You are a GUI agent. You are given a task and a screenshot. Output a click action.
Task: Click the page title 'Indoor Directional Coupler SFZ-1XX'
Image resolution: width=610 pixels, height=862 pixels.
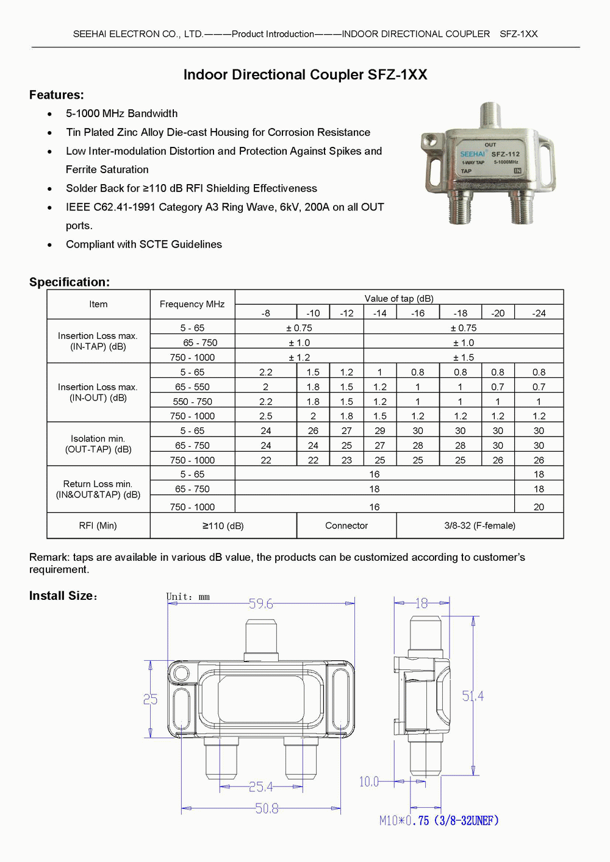point(305,74)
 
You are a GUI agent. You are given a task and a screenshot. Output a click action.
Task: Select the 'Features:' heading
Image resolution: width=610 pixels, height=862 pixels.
point(57,94)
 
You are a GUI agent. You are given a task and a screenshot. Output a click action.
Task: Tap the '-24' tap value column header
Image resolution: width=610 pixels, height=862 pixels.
point(539,313)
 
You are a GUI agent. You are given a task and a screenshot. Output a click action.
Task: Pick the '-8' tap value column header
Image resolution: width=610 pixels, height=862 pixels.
point(265,313)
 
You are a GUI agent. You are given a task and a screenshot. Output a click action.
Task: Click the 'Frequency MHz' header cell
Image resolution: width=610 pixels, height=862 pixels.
point(192,304)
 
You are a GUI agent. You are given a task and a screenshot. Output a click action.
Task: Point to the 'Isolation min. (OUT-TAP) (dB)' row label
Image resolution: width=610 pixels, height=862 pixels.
point(98,444)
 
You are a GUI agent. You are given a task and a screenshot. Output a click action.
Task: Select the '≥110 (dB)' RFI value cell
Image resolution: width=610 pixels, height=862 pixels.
point(223,525)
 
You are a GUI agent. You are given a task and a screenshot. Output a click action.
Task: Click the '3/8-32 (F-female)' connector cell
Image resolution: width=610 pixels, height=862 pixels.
point(479,525)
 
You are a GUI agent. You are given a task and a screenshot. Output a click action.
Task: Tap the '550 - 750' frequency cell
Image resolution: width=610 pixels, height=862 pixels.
point(192,401)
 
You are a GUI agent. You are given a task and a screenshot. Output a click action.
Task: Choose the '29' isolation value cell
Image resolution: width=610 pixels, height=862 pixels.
point(379,430)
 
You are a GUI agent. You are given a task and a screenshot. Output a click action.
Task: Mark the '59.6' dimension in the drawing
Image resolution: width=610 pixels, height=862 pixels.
point(260,604)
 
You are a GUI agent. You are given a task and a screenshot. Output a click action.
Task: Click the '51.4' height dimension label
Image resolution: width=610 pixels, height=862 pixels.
point(473,696)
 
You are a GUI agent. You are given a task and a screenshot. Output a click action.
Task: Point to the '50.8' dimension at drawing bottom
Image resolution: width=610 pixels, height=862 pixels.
point(267,808)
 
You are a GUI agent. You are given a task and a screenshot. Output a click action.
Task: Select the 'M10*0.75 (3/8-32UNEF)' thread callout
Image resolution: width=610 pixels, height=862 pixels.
point(439,821)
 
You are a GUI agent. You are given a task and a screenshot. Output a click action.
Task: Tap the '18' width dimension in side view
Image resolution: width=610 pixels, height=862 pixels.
point(421,603)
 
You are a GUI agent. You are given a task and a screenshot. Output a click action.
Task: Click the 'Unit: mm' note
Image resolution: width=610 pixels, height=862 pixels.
point(188,597)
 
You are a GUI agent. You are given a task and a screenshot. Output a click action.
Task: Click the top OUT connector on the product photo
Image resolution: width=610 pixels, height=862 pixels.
point(489,116)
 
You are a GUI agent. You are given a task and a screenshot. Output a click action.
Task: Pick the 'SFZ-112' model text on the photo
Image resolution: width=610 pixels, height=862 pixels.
point(505,154)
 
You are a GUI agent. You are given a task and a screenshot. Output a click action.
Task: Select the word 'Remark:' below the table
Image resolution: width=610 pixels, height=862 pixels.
point(49,557)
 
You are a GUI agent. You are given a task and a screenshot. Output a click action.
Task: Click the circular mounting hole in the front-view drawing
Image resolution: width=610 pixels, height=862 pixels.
point(181,673)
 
